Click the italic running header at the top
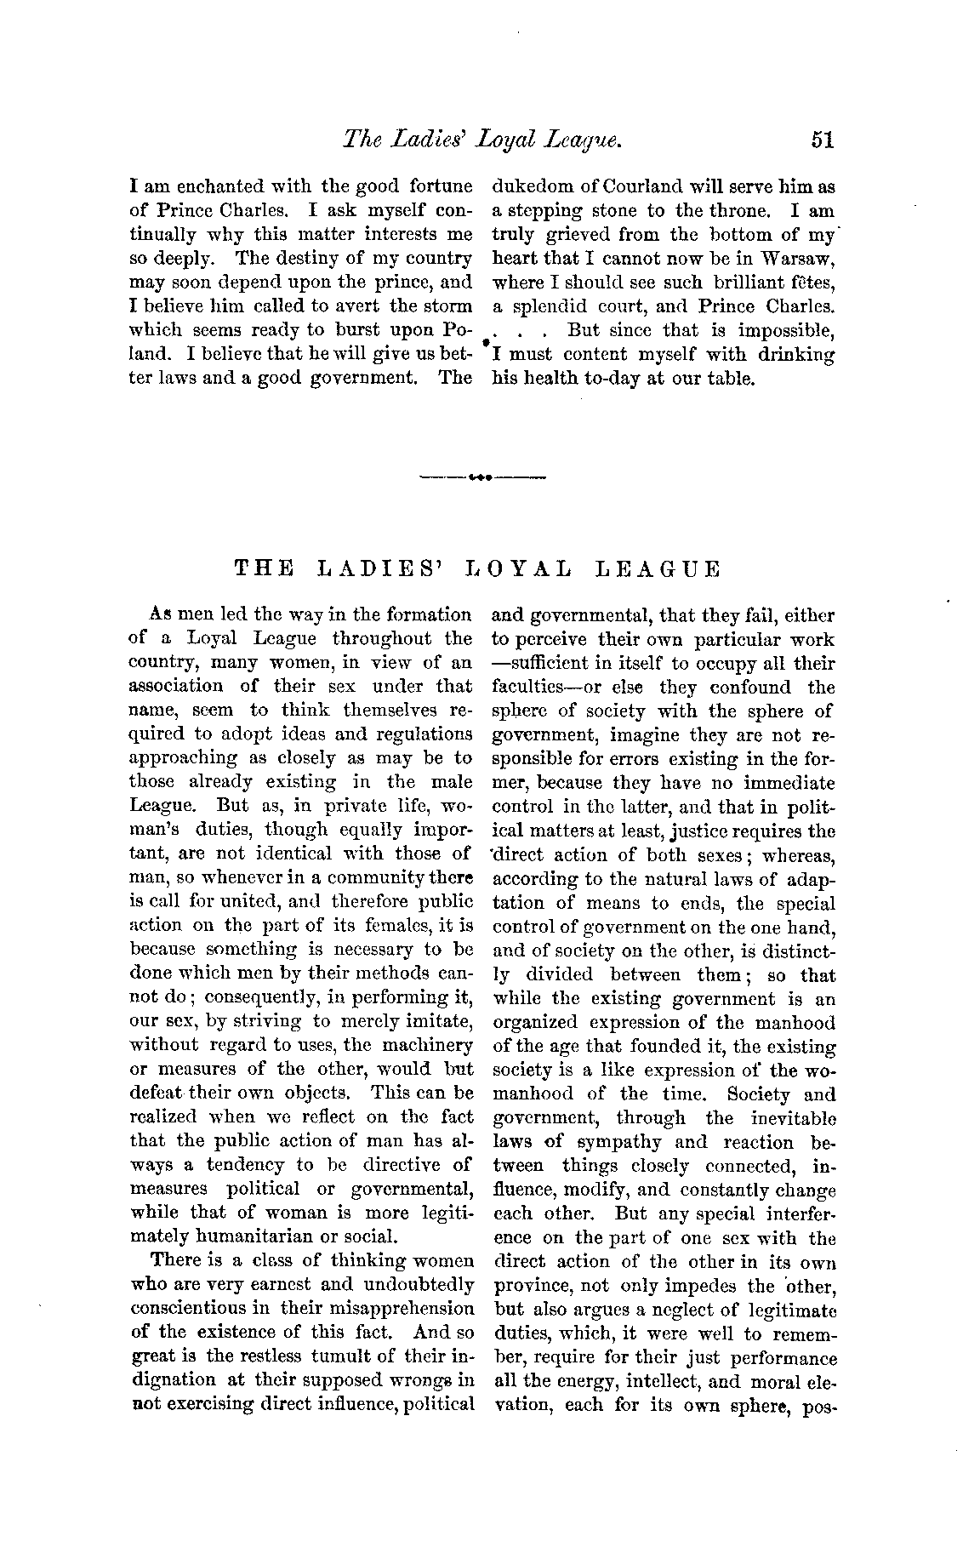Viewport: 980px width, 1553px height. [481, 140]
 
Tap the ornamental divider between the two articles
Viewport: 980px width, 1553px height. [481, 478]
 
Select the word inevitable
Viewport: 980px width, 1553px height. [790, 1119]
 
